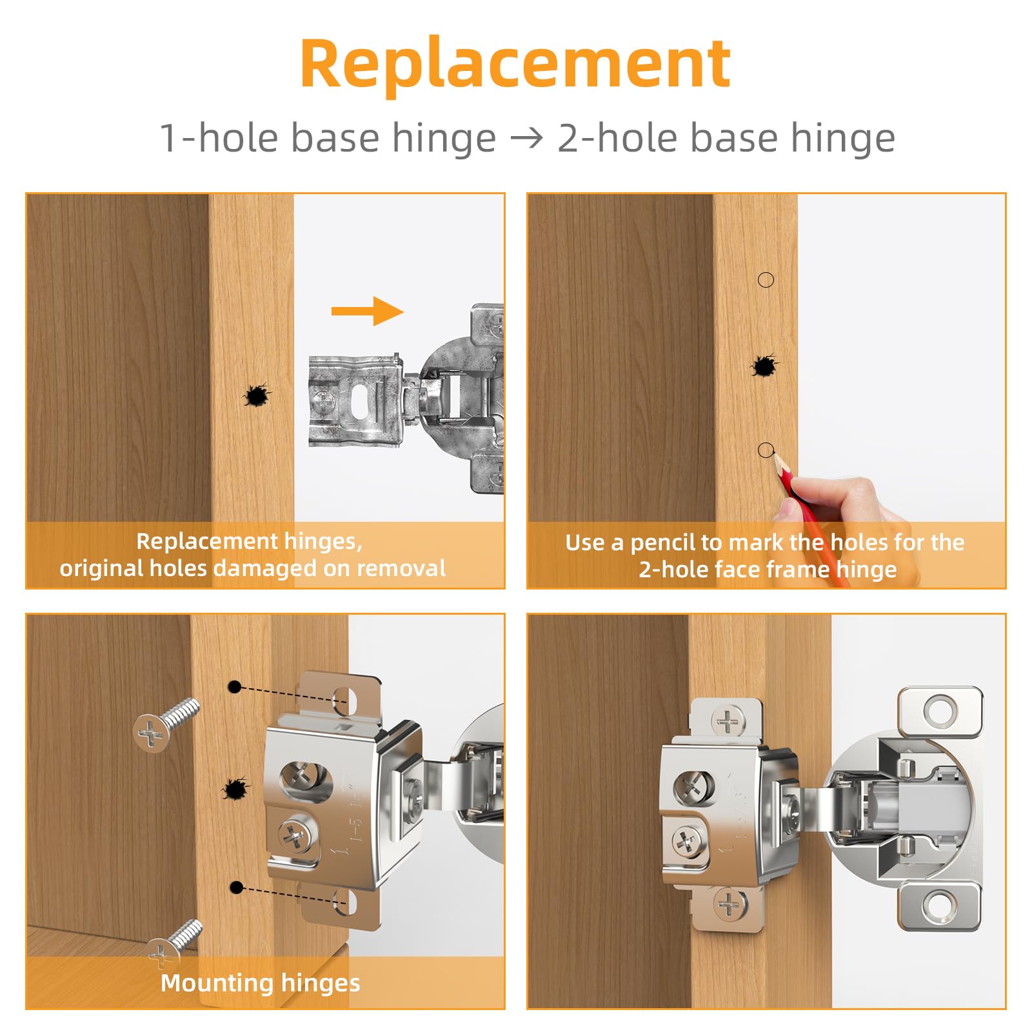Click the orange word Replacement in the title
[515, 64]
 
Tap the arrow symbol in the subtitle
[526, 138]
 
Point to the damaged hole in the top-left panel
[256, 395]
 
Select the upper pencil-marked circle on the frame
[766, 280]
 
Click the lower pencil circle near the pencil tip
[766, 450]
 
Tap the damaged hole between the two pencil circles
[764, 366]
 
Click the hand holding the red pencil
[838, 500]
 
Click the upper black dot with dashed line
[235, 688]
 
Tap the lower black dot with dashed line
[236, 888]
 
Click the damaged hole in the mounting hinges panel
[234, 788]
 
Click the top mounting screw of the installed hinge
[728, 721]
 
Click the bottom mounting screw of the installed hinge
[729, 904]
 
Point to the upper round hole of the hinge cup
[940, 711]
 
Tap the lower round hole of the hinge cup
[940, 906]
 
